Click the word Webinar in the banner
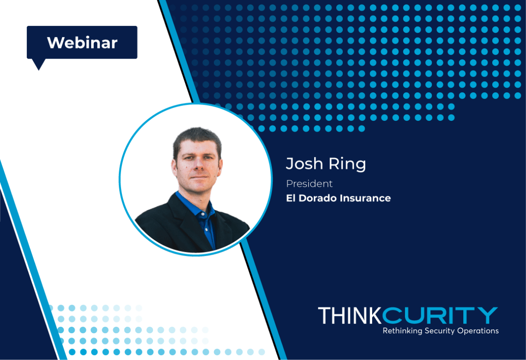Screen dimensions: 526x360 click(82, 43)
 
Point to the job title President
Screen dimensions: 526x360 click(309, 184)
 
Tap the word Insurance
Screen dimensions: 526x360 click(366, 198)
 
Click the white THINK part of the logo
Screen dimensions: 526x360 click(350, 316)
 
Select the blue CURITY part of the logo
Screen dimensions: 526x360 click(440, 315)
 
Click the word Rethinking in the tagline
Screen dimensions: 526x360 click(402, 331)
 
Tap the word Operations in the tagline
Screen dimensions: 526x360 click(478, 331)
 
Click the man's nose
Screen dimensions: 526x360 click(198, 166)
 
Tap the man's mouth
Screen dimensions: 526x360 click(199, 176)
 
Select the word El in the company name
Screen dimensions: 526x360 click(291, 198)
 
